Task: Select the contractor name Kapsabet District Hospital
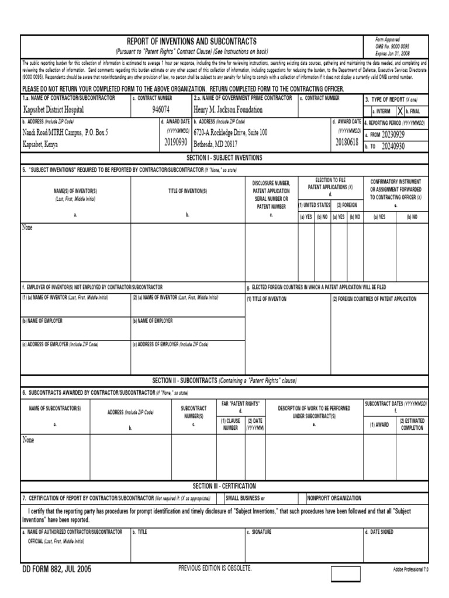53,110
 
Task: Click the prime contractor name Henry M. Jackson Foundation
228,110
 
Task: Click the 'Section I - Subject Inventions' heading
224,158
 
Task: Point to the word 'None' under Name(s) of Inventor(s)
27,227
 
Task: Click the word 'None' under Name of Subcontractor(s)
28,440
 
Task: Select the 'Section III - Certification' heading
224,486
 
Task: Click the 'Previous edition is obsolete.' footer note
215,568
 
